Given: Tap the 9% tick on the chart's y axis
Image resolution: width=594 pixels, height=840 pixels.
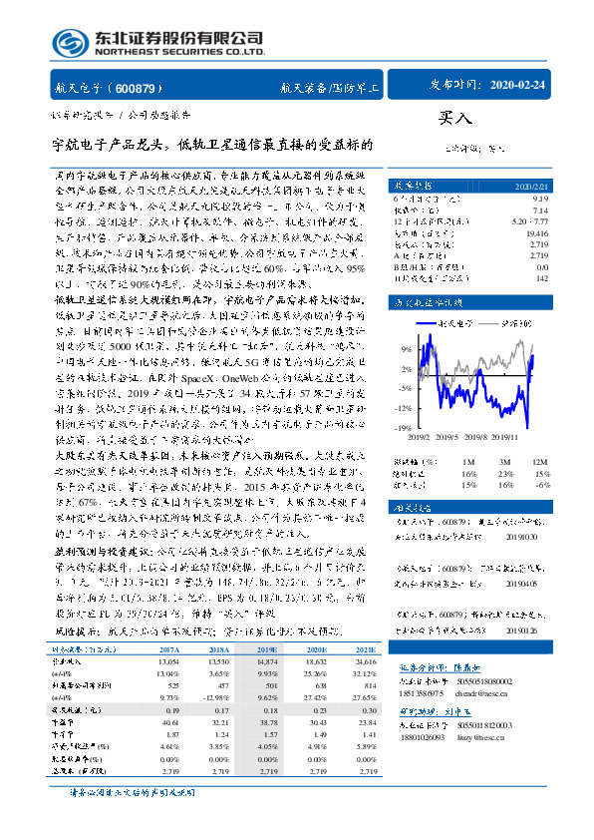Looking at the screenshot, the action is [407, 350].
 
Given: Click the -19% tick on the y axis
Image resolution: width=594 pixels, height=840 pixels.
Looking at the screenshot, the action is [405, 427].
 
